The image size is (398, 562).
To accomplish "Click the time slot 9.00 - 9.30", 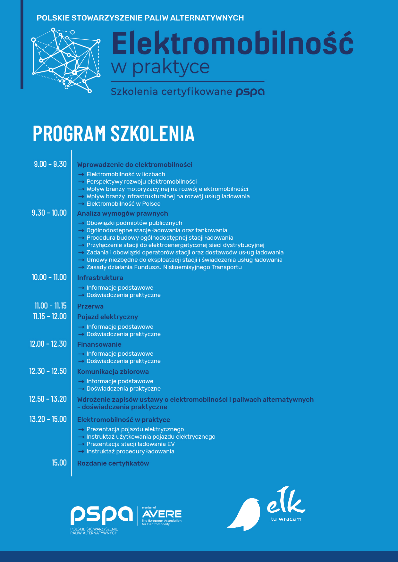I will tap(50, 164).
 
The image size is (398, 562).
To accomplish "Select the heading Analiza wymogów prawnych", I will tap(123, 213).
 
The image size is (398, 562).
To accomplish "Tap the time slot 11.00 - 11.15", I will tap(50, 306).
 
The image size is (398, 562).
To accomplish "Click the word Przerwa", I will tap(90, 306).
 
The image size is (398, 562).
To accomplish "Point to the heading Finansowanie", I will tap(99, 344).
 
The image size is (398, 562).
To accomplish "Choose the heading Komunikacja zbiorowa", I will tap(113, 372).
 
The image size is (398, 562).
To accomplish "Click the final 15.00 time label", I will tap(59, 463).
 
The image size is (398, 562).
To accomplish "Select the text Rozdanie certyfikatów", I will tap(113, 463).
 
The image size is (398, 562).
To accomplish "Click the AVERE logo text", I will tap(162, 514).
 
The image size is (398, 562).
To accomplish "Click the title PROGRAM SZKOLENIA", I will tap(114, 133).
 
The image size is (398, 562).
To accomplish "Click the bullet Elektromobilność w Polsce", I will tap(123, 204).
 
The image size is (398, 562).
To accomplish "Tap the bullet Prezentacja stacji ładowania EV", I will tap(131, 444).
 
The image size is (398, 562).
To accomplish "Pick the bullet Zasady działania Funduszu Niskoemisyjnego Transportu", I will tap(164, 267).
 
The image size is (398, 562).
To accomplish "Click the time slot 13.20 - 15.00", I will tap(48, 419).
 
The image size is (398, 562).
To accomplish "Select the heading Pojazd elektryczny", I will tap(107, 317).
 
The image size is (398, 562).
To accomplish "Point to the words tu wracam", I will tap(286, 519).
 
